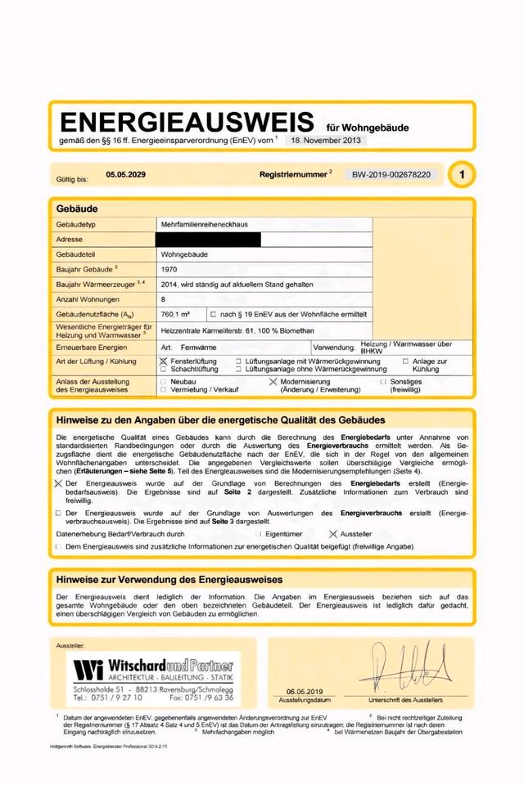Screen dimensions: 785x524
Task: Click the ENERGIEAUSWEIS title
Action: (x=186, y=123)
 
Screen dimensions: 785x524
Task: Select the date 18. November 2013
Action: (x=325, y=141)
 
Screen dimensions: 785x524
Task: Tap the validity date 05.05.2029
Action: (x=125, y=174)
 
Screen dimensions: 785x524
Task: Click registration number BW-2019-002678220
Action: (x=394, y=175)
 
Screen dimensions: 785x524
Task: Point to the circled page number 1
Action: (x=463, y=174)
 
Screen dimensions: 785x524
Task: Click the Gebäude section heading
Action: (x=77, y=209)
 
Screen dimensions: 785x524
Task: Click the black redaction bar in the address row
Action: (x=208, y=239)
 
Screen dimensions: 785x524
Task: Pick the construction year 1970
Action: (x=169, y=269)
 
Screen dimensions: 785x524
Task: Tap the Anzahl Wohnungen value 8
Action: (x=164, y=299)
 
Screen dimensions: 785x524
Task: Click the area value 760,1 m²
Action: (x=176, y=314)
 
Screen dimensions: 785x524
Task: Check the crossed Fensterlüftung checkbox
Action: (x=164, y=361)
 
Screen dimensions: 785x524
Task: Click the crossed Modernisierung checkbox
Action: (x=273, y=382)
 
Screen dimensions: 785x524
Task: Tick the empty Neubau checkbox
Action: (x=164, y=382)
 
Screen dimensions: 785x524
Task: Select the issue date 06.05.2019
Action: (x=305, y=691)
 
